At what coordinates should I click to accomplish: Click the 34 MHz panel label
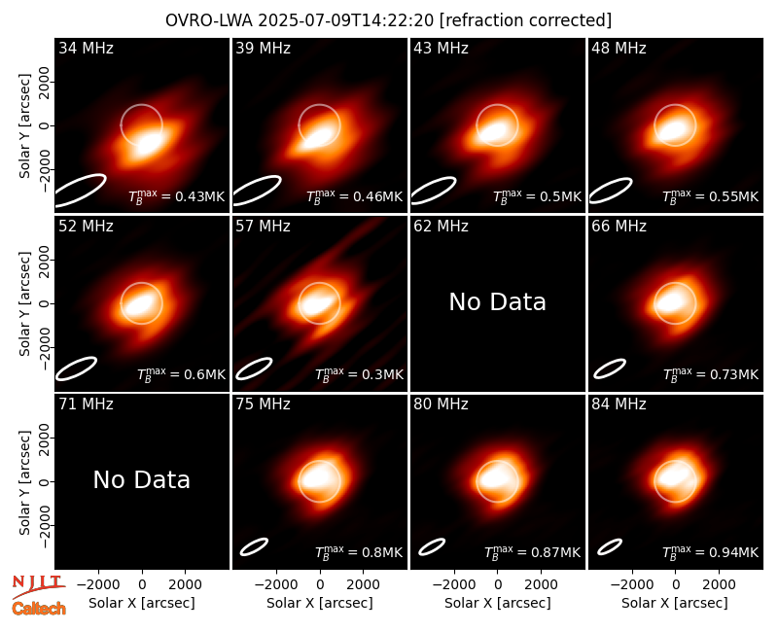click(86, 48)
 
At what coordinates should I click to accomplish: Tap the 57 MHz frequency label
click(263, 227)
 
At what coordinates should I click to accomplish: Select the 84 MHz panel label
click(619, 404)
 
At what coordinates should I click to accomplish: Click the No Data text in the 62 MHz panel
click(498, 301)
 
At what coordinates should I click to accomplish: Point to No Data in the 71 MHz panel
click(141, 479)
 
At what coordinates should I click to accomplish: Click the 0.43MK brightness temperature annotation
click(177, 196)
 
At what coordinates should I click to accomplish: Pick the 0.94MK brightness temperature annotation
click(711, 551)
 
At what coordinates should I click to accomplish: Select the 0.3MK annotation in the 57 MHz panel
click(359, 373)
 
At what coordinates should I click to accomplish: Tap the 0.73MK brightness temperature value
click(711, 373)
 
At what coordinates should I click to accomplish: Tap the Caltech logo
click(39, 609)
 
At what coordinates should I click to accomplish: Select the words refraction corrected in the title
click(525, 20)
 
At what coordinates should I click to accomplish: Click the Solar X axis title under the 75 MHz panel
click(320, 603)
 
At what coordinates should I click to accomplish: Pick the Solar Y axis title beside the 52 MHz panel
click(24, 303)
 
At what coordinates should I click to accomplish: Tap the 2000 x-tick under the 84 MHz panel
click(719, 584)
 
